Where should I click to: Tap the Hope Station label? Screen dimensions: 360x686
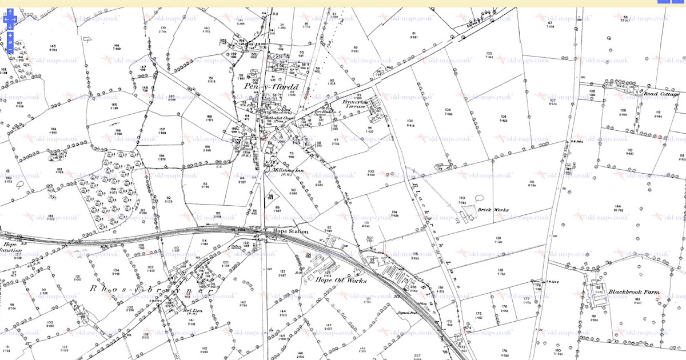[x=291, y=231]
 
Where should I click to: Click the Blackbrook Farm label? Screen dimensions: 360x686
[x=633, y=292]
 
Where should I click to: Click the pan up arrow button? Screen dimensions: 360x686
[x=10, y=12]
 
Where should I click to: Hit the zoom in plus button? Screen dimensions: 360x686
[x=10, y=35]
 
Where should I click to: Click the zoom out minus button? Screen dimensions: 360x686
[x=10, y=50]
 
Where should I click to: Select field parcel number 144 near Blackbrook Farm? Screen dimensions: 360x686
[x=617, y=206]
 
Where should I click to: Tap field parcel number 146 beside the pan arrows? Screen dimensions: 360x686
[x=117, y=46]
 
